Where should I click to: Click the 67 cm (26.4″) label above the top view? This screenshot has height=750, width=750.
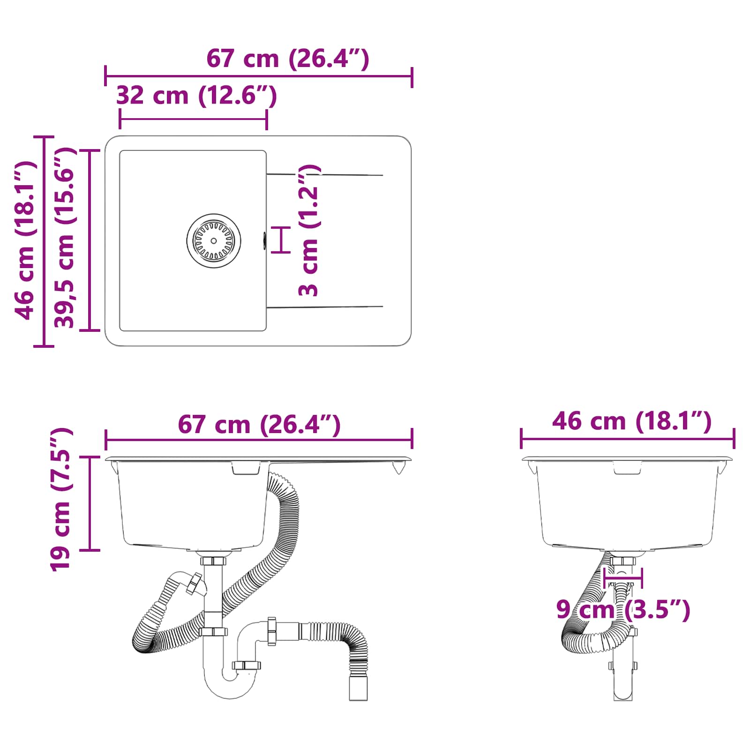[x=288, y=59]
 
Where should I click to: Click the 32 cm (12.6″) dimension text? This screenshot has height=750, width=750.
[x=196, y=96]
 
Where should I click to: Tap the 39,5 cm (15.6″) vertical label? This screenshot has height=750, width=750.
[x=65, y=238]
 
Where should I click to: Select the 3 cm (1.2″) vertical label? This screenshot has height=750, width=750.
[x=309, y=231]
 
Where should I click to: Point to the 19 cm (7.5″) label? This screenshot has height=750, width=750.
[x=60, y=500]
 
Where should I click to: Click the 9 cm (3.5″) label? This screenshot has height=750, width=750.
[x=623, y=610]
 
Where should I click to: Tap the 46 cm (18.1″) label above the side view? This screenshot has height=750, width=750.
[x=631, y=421]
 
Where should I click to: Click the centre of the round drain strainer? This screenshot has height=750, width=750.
[x=214, y=241]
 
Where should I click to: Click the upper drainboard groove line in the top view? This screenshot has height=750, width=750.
[x=324, y=175]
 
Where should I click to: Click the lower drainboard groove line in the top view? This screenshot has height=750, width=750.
[x=324, y=307]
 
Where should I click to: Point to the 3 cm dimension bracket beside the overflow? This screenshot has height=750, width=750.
[x=281, y=240]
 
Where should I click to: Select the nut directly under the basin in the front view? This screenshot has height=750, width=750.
[x=213, y=561]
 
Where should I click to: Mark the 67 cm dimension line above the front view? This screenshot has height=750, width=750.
[x=259, y=440]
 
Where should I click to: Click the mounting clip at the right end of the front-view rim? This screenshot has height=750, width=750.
[x=398, y=467]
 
